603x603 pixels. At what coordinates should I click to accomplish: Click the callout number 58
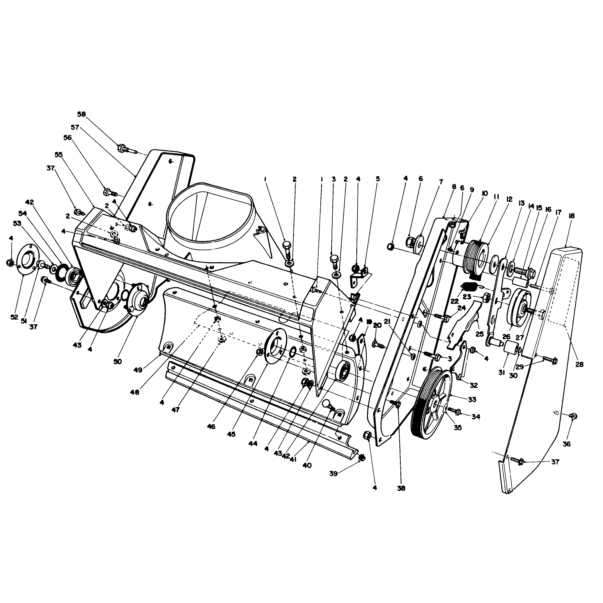point(81,114)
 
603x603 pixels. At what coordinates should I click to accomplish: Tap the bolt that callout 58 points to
point(128,149)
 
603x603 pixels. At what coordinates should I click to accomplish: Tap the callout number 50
point(117,361)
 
